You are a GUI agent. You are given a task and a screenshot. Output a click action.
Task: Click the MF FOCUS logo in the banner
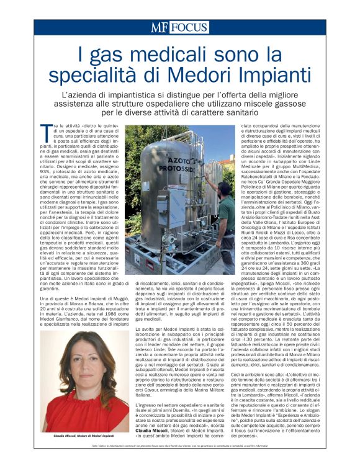click(x=179, y=27)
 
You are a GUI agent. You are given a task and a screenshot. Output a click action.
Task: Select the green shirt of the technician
click(x=228, y=214)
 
